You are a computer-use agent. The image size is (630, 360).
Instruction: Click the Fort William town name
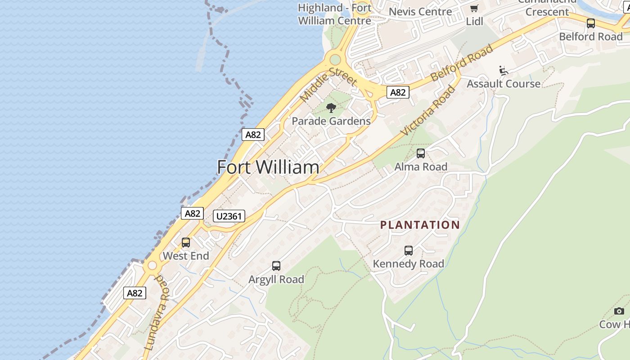268,167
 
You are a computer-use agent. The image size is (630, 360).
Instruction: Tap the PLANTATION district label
420,225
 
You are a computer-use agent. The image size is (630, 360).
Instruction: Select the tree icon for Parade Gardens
331,108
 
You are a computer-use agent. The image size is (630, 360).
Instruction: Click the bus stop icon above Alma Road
421,153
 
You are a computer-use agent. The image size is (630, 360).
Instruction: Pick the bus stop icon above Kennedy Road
409,251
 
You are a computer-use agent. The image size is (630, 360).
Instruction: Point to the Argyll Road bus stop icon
276,266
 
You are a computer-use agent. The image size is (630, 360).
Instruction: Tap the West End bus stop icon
186,243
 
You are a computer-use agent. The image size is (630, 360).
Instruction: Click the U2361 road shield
229,216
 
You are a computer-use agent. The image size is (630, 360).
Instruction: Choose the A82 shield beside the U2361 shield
192,213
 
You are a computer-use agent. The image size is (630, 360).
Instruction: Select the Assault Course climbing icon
504,71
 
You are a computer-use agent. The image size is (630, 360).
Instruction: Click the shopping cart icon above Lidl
474,9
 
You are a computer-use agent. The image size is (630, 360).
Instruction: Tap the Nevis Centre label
420,12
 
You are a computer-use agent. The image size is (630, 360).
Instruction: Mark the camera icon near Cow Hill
619,311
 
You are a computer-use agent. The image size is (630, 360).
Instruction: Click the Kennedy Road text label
408,264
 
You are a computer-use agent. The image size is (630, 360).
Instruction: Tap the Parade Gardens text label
331,121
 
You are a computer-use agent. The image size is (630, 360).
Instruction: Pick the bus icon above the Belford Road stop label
591,23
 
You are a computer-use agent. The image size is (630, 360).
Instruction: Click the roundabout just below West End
153,265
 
